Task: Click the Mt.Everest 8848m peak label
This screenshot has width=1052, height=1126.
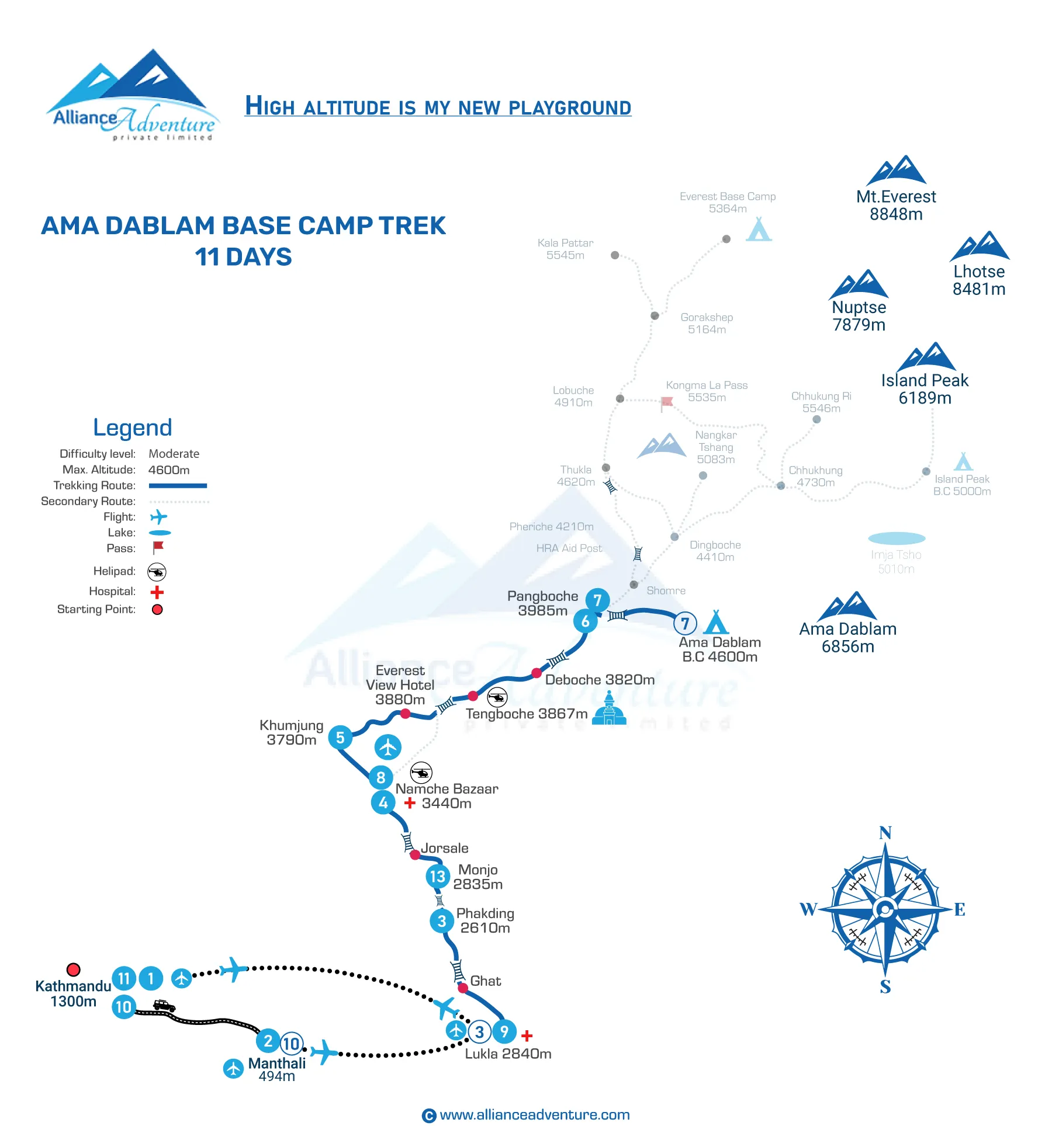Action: tap(896, 205)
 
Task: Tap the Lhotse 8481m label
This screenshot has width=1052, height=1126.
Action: tap(979, 280)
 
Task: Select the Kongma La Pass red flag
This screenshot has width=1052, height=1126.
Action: tap(666, 402)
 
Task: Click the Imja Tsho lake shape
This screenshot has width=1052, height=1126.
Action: tap(897, 538)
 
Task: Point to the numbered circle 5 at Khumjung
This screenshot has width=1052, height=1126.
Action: tap(340, 738)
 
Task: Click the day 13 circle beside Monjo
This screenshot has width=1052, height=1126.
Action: tap(438, 876)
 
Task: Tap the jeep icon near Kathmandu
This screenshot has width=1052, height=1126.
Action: tap(164, 1005)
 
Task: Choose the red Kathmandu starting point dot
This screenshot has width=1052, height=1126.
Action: tap(74, 969)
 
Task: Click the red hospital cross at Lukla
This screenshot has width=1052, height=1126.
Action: tap(527, 1035)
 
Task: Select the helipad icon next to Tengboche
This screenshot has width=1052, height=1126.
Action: tap(497, 697)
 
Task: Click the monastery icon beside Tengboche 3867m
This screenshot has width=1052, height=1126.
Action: tap(609, 709)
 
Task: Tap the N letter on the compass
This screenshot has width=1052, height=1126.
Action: tap(885, 833)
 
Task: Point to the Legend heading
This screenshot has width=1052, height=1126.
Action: tap(133, 428)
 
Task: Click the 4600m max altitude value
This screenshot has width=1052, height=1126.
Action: tap(169, 470)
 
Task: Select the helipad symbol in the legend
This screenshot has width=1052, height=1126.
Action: tap(157, 572)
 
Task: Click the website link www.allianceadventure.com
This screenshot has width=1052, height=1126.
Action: tap(534, 1114)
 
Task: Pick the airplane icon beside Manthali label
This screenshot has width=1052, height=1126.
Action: tap(233, 1069)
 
